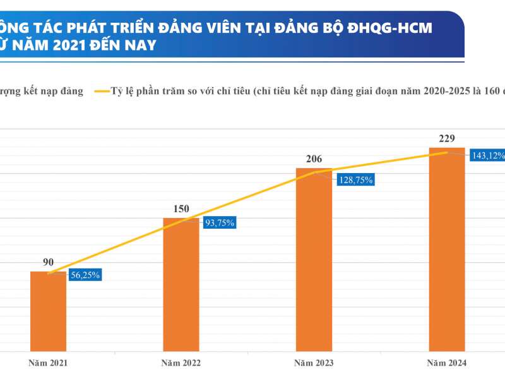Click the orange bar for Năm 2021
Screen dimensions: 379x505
48,311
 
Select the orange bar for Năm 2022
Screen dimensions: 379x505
181,284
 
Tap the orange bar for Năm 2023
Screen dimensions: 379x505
314,259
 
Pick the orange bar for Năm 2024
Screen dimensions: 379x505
447,249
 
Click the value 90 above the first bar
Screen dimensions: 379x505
48,262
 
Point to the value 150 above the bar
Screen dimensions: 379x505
181,209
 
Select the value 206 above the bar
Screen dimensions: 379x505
314,159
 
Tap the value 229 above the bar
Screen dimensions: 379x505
447,138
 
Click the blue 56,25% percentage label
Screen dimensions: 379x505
85,275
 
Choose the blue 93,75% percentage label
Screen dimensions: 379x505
218,222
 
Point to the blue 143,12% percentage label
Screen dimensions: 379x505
487,155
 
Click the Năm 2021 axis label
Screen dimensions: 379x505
48,363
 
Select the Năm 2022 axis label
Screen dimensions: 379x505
181,363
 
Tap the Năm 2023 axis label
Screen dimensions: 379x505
314,363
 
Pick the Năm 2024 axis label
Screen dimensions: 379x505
447,363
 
